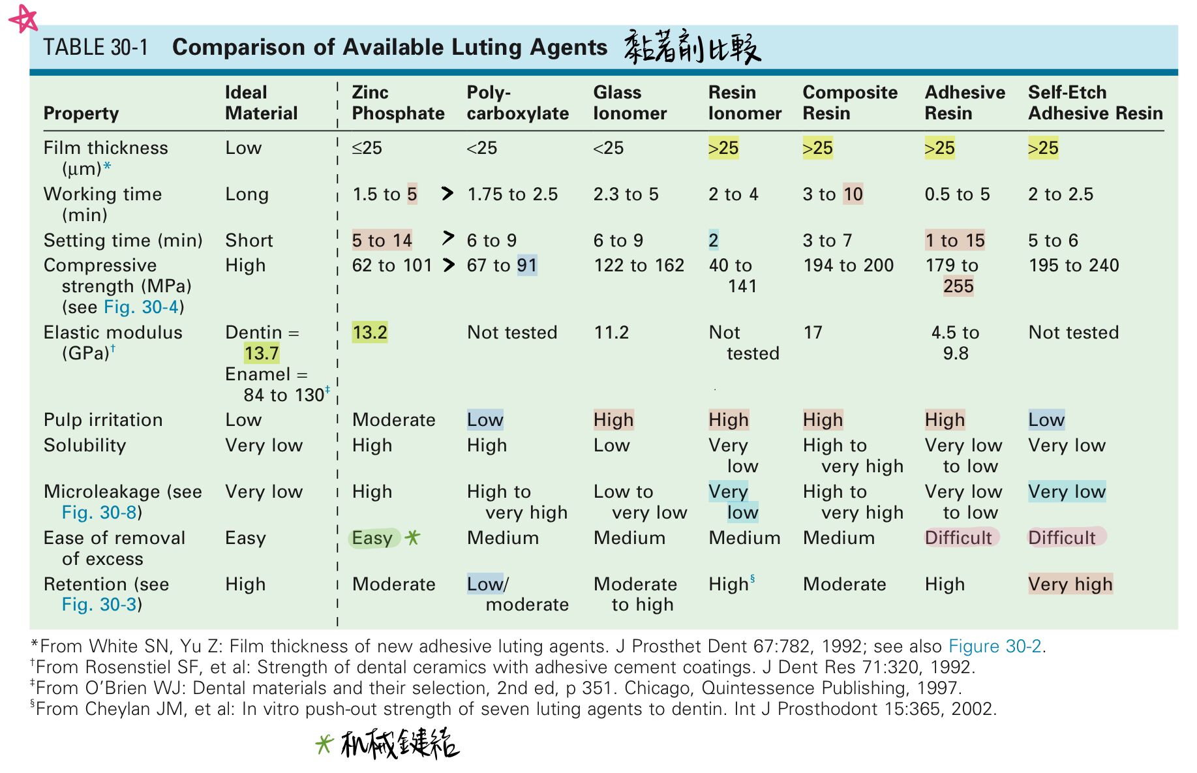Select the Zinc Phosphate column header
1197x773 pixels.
click(x=397, y=103)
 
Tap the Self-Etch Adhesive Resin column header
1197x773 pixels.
click(x=1095, y=103)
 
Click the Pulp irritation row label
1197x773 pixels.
click(x=103, y=420)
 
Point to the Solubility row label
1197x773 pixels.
click(x=85, y=446)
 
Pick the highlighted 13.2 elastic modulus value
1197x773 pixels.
click(x=370, y=333)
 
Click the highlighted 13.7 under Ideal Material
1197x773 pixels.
click(x=262, y=354)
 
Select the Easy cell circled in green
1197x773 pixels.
click(x=372, y=538)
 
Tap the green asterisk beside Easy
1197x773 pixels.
click(x=412, y=538)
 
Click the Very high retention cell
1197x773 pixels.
click(x=1070, y=584)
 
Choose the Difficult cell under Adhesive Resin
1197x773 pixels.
click(x=958, y=538)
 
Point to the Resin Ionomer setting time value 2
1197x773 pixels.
click(x=714, y=241)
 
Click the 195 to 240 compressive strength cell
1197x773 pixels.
click(x=1073, y=265)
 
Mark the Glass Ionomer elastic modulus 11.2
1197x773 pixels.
click(x=611, y=333)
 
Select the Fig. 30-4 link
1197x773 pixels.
click(x=141, y=307)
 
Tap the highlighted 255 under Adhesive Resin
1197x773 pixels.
click(x=958, y=286)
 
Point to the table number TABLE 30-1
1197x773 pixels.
click(x=96, y=48)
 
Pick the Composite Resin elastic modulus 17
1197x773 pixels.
click(x=813, y=333)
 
